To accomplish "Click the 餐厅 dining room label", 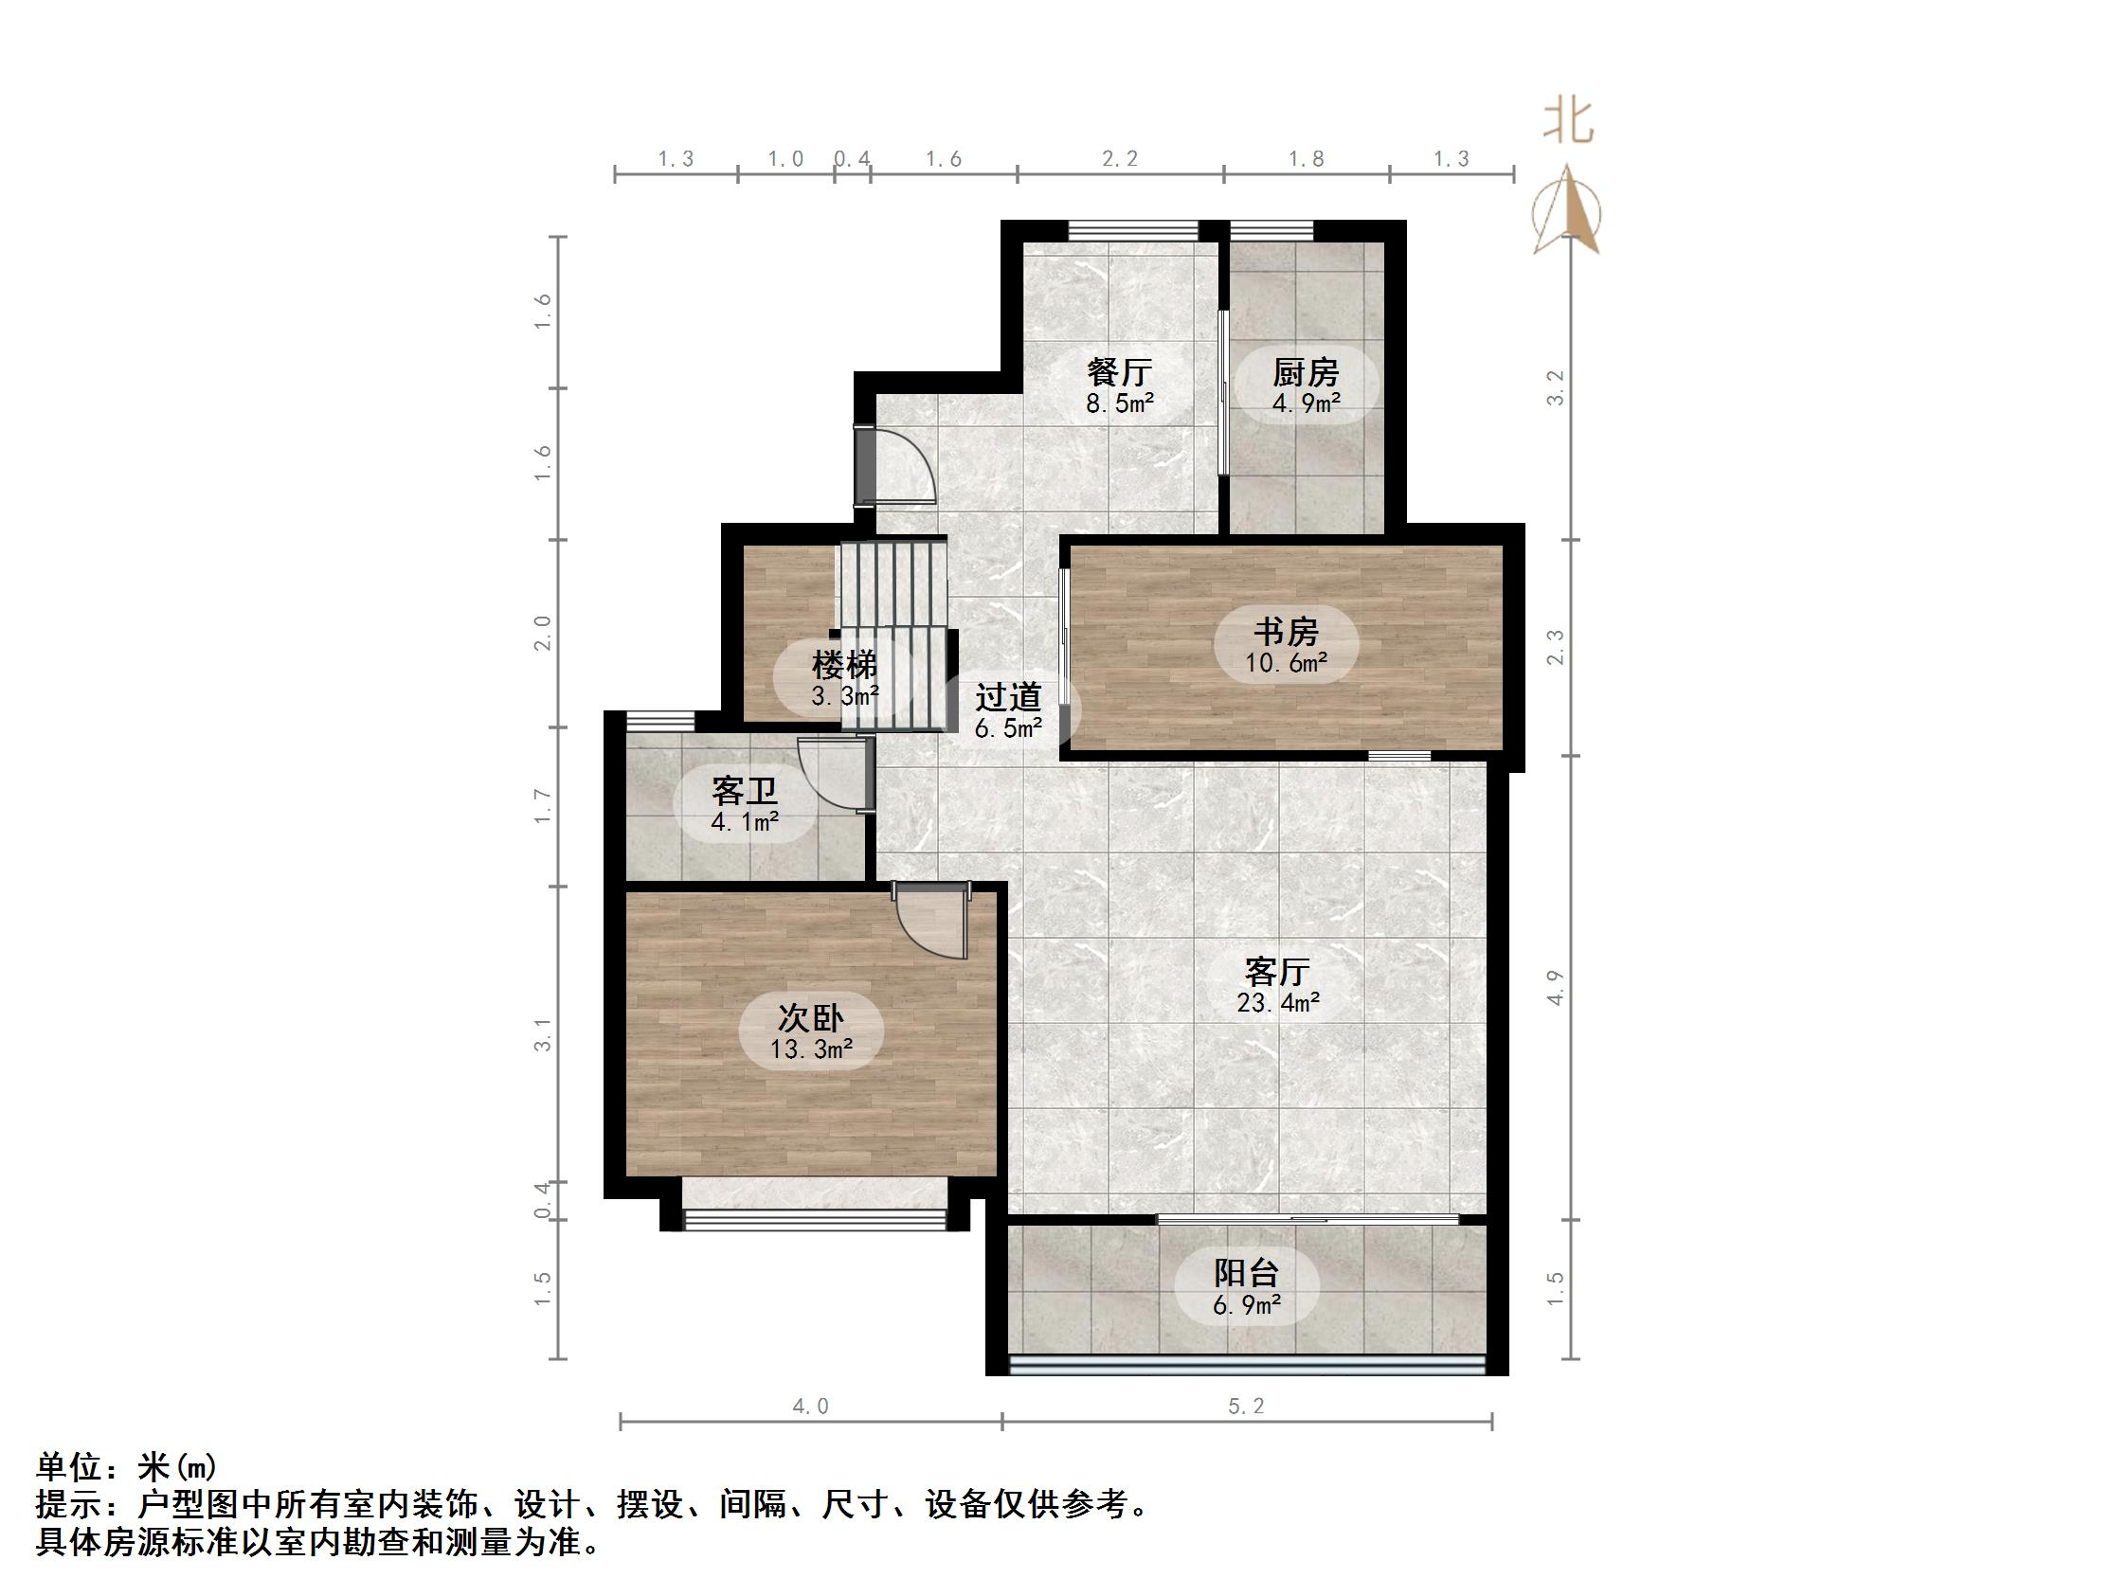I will click(x=1119, y=371).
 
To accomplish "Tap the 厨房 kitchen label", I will click(x=1306, y=371).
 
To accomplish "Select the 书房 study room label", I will click(x=1287, y=632).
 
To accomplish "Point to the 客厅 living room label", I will click(x=1276, y=972).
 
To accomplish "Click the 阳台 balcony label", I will click(x=1246, y=1274).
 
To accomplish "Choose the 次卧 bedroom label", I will click(x=810, y=1018).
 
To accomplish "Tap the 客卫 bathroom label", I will click(x=745, y=792).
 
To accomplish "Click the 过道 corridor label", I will click(x=1008, y=696).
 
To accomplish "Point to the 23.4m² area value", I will click(x=1277, y=1003).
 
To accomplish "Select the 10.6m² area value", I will click(x=1287, y=663).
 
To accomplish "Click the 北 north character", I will click(x=1568, y=122).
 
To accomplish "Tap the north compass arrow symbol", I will click(x=1568, y=211).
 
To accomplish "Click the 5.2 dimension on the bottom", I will click(x=1246, y=1407).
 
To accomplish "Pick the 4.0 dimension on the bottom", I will click(x=810, y=1407).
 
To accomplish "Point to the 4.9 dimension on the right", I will click(x=1556, y=988).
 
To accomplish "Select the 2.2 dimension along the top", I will click(x=1120, y=159).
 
